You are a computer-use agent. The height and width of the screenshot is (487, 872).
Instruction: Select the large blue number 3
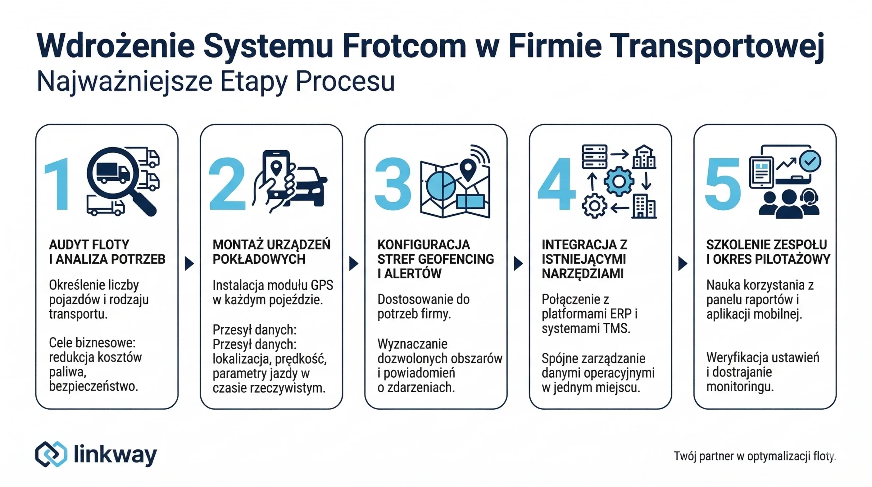click(393, 184)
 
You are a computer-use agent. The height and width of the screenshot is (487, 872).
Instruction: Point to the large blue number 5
click(722, 184)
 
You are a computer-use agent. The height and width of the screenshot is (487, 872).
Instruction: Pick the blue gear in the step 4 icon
click(619, 181)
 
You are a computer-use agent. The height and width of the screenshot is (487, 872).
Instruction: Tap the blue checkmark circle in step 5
click(810, 161)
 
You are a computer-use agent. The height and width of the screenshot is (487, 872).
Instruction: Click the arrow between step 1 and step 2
click(189, 263)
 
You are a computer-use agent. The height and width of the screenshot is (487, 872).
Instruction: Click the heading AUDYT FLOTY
click(89, 245)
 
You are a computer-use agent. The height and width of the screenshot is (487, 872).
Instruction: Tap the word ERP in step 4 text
click(622, 314)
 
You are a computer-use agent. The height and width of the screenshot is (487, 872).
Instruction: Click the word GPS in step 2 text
click(322, 285)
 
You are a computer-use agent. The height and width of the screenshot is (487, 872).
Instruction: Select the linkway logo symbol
click(51, 454)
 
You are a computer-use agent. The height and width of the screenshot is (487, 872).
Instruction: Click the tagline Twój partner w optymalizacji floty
click(754, 456)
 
